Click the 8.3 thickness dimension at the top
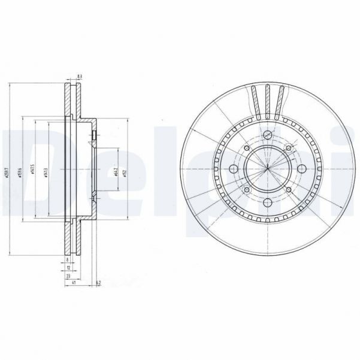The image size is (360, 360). pos(80,77)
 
